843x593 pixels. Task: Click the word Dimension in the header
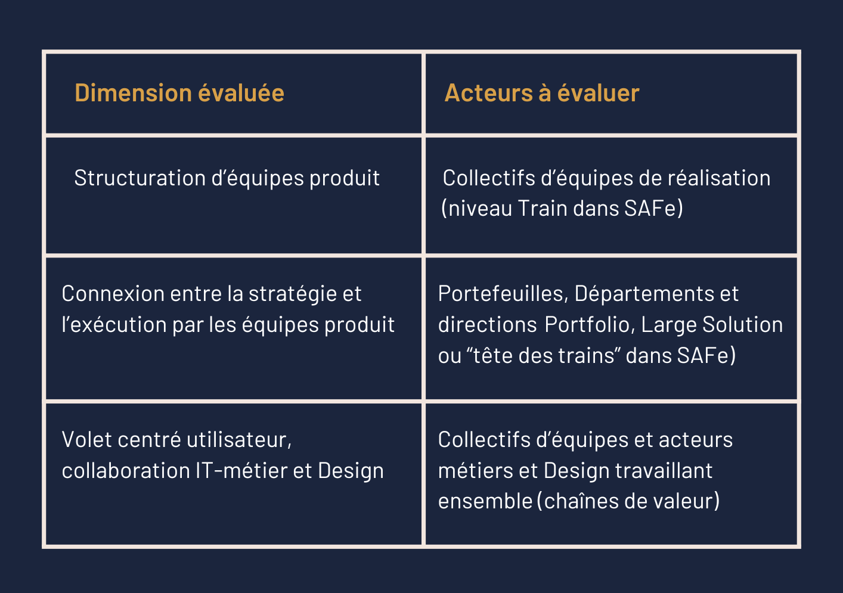pos(134,92)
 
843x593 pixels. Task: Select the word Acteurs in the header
pos(488,92)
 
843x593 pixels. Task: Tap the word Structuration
pos(140,178)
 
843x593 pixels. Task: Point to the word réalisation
pos(719,178)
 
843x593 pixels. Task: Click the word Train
pos(541,208)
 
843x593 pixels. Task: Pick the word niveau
pos(480,208)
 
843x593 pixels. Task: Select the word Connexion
pos(113,293)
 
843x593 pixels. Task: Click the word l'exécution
pos(114,324)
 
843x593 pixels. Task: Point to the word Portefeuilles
pos(503,293)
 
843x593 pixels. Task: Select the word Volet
pos(87,439)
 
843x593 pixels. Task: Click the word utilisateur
pos(239,439)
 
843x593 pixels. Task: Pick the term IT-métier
pos(241,470)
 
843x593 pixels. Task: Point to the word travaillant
pos(664,470)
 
